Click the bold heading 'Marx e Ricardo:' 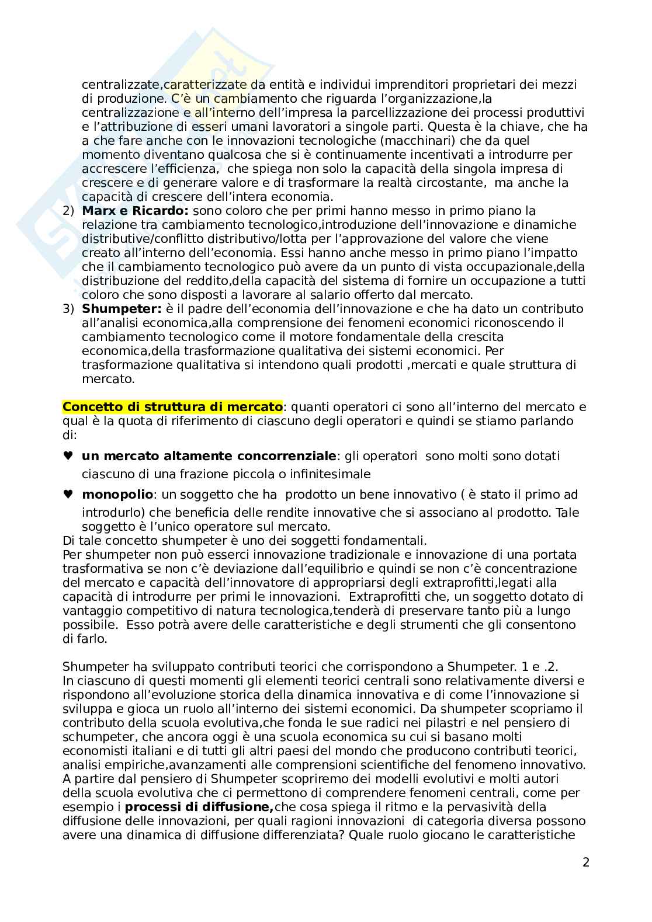click(x=136, y=211)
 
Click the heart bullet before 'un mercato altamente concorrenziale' click(x=68, y=456)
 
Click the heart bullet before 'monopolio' click(x=68, y=495)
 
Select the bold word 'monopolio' click(x=117, y=495)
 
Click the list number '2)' click(x=68, y=211)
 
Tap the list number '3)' click(x=68, y=309)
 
